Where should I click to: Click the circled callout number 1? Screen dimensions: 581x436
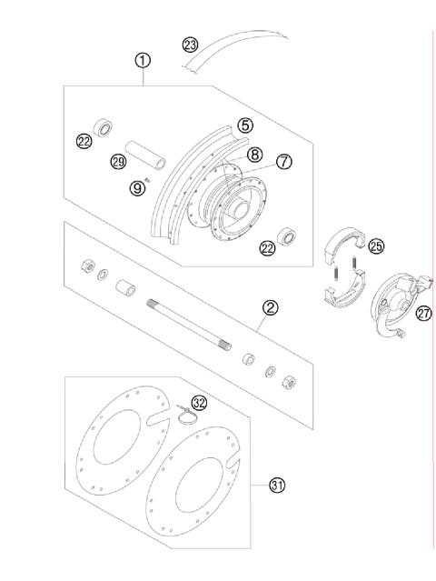point(143,60)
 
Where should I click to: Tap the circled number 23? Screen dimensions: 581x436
point(189,45)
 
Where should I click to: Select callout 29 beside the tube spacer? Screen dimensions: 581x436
point(116,162)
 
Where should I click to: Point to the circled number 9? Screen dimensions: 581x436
point(137,188)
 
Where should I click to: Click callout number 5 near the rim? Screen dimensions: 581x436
point(245,125)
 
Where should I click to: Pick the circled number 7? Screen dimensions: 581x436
point(283,161)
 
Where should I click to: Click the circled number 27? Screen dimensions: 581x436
point(423,314)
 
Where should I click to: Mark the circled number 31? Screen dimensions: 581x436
point(276,486)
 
